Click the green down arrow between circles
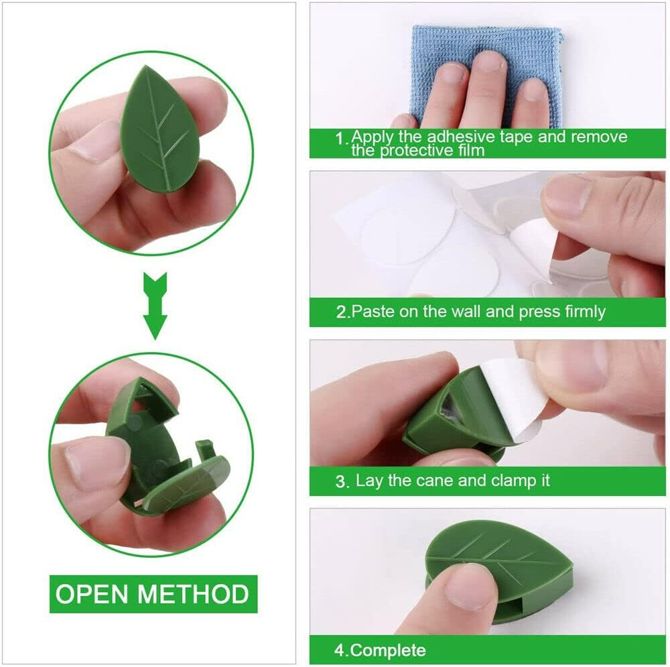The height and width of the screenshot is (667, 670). pyautogui.click(x=155, y=304)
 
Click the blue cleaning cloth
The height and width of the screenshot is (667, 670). pyautogui.click(x=486, y=67)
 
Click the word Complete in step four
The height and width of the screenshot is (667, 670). pyautogui.click(x=389, y=650)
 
